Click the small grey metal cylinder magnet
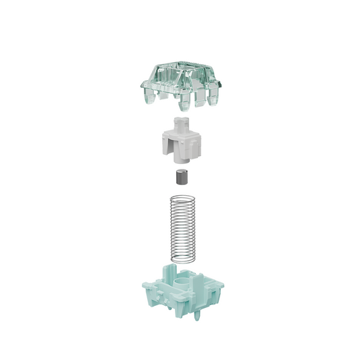tap(180, 179)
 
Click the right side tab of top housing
tap(220, 84)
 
